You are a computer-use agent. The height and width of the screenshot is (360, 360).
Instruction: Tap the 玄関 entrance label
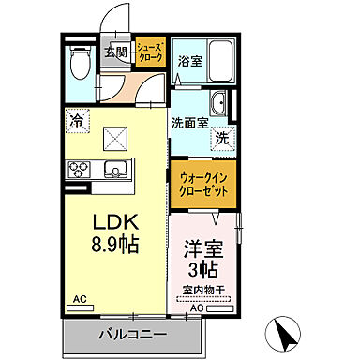tap(115, 53)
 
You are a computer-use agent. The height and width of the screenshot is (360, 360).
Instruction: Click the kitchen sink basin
tap(115, 170)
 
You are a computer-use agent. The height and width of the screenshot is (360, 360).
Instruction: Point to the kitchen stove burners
tap(76, 170)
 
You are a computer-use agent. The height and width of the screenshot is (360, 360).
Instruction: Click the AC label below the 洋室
tap(198, 307)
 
